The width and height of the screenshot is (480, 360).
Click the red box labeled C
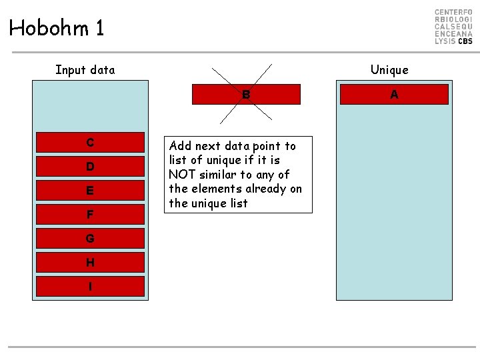[90, 142]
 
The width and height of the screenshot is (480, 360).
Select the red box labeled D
[90, 166]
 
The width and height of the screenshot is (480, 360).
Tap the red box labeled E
[90, 190]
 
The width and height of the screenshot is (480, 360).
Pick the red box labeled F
[90, 215]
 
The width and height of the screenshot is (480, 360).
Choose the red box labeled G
[90, 238]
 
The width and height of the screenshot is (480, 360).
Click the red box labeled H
[90, 262]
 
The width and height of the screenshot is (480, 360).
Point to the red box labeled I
[90, 286]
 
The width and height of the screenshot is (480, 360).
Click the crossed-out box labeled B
[246, 95]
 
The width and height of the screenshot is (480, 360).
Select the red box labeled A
[394, 95]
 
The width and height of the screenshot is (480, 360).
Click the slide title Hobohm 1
[57, 28]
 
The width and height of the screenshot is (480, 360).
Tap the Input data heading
[85, 70]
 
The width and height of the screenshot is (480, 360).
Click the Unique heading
[389, 70]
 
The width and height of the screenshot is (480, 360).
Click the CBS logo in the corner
[453, 27]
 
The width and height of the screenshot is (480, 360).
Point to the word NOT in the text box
[181, 175]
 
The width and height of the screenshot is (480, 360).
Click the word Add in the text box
[181, 146]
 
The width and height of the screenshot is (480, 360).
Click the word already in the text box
[265, 189]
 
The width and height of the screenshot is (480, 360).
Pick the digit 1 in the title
[99, 28]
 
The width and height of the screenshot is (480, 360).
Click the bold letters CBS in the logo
[465, 41]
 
